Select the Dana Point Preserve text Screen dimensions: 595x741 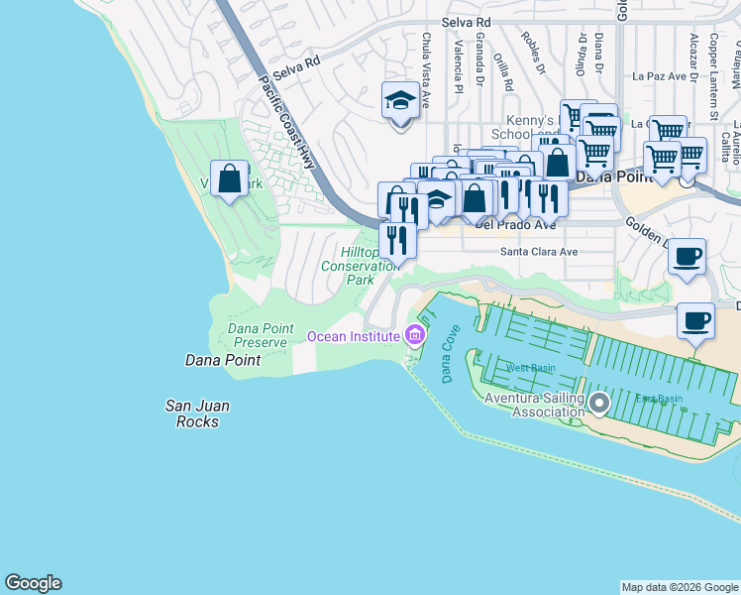[x=258, y=335]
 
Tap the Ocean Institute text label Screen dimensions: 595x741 [x=354, y=336]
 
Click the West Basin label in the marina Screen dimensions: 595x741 [x=530, y=368]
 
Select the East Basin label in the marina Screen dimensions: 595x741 [x=659, y=399]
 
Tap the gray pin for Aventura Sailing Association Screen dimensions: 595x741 [x=598, y=403]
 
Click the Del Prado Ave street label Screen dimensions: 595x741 [x=515, y=224]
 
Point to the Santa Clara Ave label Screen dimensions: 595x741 [x=538, y=252]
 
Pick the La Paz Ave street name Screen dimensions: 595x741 [x=660, y=74]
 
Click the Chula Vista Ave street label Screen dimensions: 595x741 [x=426, y=69]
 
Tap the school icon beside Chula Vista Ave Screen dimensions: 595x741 [x=400, y=101]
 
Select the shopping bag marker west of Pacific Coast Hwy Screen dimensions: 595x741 [x=230, y=179]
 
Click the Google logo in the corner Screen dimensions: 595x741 [x=33, y=583]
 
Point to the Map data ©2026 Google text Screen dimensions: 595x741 [x=679, y=587]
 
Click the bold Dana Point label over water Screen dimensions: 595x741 [x=223, y=360]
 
